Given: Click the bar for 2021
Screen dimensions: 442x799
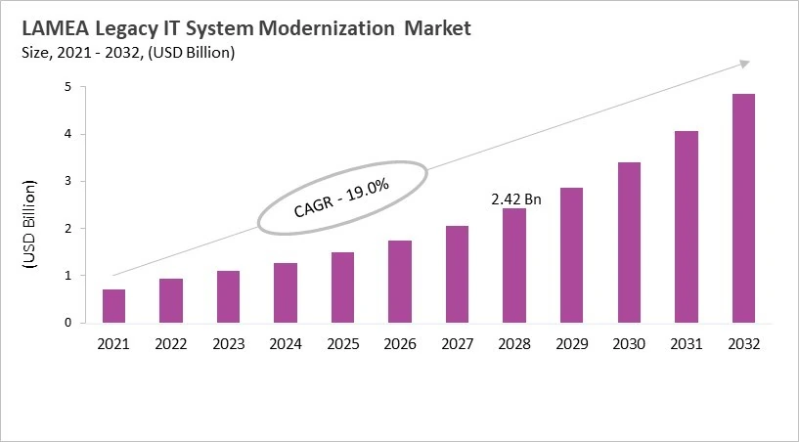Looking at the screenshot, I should pyautogui.click(x=113, y=306).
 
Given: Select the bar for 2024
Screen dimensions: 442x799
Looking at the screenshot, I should pyautogui.click(x=285, y=292).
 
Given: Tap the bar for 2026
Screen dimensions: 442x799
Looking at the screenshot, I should pyautogui.click(x=399, y=282).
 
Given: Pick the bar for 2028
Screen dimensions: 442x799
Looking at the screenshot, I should pyautogui.click(x=513, y=265).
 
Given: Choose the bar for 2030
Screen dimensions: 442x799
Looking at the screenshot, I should pyautogui.click(x=628, y=243).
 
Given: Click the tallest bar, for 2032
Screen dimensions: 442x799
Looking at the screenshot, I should pyautogui.click(x=742, y=208).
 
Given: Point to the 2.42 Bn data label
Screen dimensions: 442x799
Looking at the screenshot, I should pyautogui.click(x=514, y=199).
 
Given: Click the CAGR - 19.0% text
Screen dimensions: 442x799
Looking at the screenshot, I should pyautogui.click(x=342, y=198).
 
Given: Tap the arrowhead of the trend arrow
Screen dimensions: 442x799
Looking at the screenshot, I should pyautogui.click(x=744, y=64).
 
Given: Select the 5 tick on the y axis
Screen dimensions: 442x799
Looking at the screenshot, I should pyautogui.click(x=67, y=87).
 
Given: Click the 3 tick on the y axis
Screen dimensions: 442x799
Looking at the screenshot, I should pyautogui.click(x=67, y=182).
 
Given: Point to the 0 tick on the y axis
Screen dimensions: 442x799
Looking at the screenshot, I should pyautogui.click(x=67, y=323).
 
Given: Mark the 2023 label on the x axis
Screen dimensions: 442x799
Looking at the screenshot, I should pyautogui.click(x=228, y=343).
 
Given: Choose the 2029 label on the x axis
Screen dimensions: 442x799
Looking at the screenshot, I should pyautogui.click(x=571, y=343).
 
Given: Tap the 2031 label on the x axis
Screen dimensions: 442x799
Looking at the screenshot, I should pyautogui.click(x=686, y=343).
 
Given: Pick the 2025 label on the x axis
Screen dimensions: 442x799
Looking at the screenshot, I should pyautogui.click(x=342, y=343).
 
